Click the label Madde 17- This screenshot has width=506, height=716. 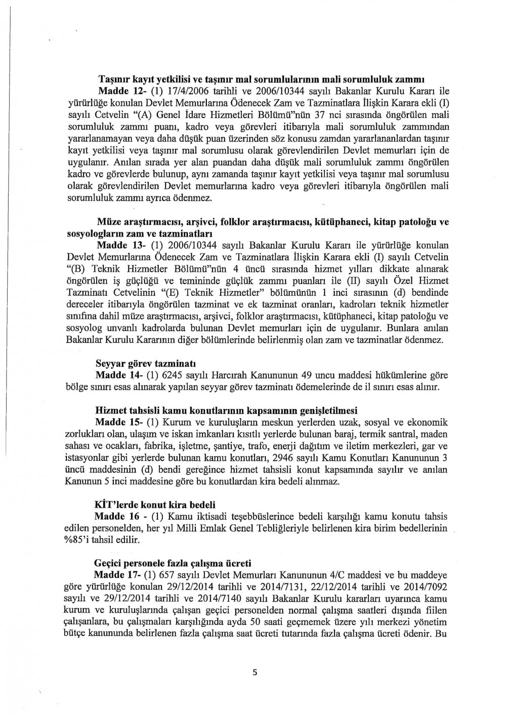[x=115, y=576]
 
